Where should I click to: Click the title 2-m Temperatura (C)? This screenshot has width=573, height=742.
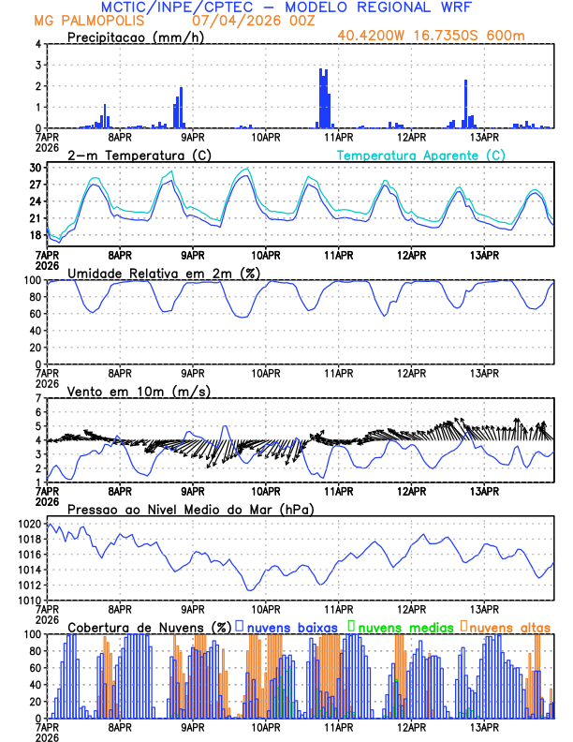(x=129, y=155)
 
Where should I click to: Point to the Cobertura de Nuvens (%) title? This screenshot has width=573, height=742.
(x=150, y=627)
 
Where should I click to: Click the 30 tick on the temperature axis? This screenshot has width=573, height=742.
(x=36, y=168)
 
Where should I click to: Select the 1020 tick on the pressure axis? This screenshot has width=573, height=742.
(x=31, y=524)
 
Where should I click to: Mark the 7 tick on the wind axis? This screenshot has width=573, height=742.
(x=39, y=398)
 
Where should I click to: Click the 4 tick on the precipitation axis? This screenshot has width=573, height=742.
(x=39, y=44)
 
